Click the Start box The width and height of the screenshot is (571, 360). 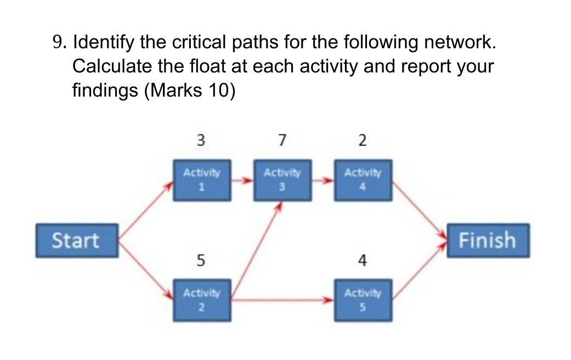pyautogui.click(x=77, y=240)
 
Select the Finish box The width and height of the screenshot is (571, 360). pyautogui.click(x=487, y=240)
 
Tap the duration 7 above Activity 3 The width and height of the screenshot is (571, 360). pyautogui.click(x=281, y=140)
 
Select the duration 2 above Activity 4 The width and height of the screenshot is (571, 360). pyautogui.click(x=362, y=140)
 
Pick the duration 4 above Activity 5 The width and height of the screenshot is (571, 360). pyautogui.click(x=362, y=261)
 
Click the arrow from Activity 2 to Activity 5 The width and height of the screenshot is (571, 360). pyautogui.click(x=282, y=300)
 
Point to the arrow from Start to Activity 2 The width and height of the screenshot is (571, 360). pyautogui.click(x=146, y=270)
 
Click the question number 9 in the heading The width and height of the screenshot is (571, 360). pyautogui.click(x=60, y=42)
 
